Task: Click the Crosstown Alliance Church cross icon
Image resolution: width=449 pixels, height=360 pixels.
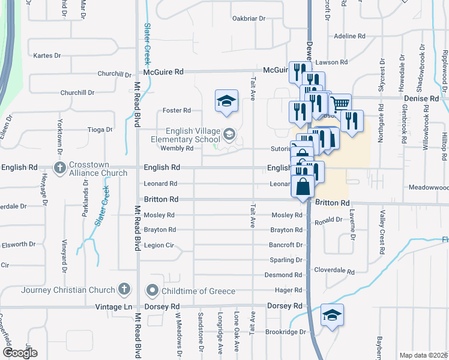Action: pos(59,167)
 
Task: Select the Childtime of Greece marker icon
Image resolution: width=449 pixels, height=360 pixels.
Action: pos(152,290)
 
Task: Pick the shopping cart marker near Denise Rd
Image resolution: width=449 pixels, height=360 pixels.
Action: pos(340,104)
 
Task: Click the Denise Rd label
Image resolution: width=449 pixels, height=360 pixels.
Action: pos(421,98)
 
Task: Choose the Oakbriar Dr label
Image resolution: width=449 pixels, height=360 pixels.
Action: pos(249,19)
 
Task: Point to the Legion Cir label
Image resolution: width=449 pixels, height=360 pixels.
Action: pos(159,245)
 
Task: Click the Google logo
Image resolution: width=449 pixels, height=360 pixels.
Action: pos(20,353)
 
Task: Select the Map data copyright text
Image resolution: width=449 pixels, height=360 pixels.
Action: pos(424,355)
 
